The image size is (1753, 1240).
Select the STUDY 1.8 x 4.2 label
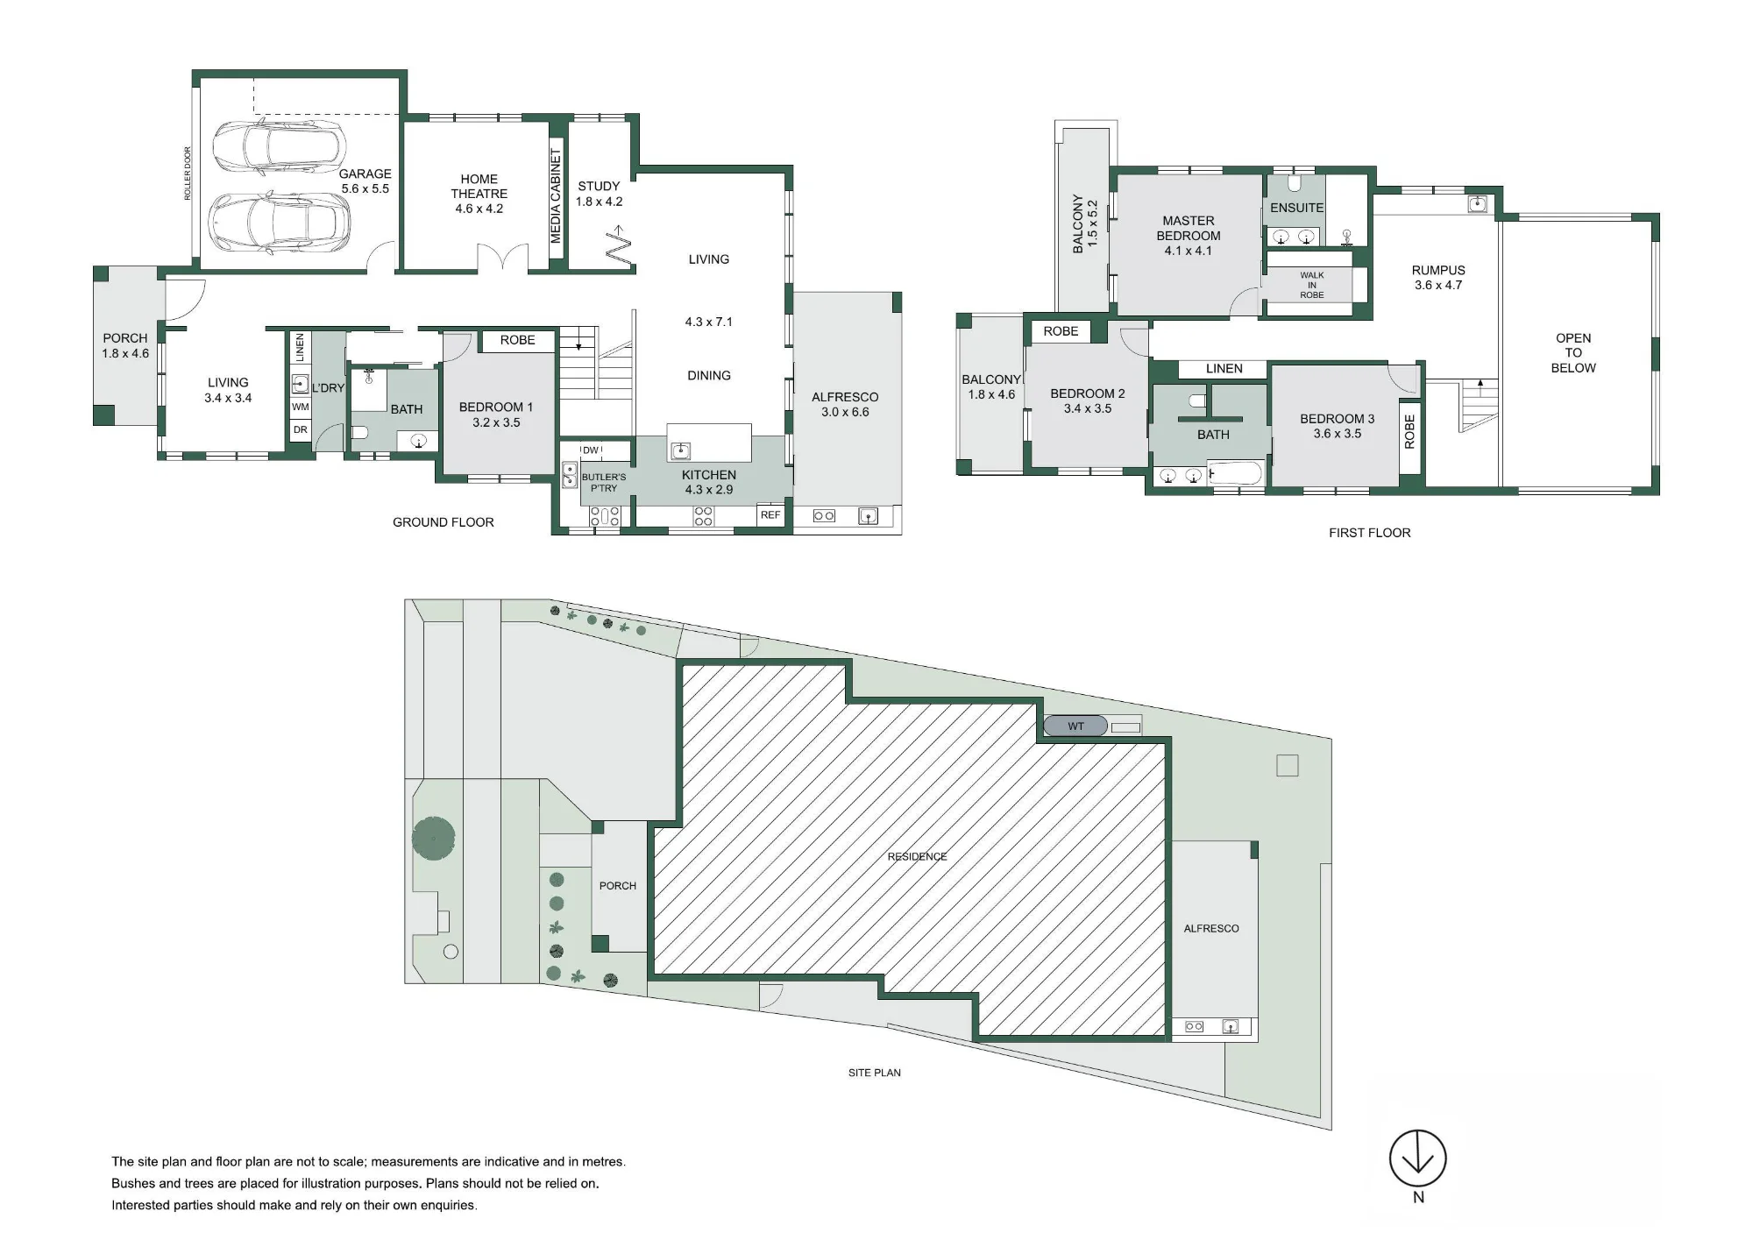pos(600,194)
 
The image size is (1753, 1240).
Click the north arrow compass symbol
pos(1417,1159)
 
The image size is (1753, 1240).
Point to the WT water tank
pos(1075,726)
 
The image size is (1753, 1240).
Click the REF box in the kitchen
pos(770,515)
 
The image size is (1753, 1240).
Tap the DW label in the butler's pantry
pos(591,450)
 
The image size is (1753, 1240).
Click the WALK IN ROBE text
pos(1312,285)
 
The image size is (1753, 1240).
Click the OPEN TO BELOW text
pos(1573,353)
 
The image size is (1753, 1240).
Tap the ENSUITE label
pos(1297,208)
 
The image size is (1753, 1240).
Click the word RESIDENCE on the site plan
pos(917,856)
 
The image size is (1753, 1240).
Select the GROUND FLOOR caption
pos(444,522)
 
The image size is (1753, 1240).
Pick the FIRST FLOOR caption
pos(1370,533)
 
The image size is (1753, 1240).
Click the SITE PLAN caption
pos(875,1073)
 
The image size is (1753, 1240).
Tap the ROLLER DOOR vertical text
pos(188,174)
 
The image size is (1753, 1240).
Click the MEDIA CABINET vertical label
pos(556,196)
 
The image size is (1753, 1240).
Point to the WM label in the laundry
pos(301,407)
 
